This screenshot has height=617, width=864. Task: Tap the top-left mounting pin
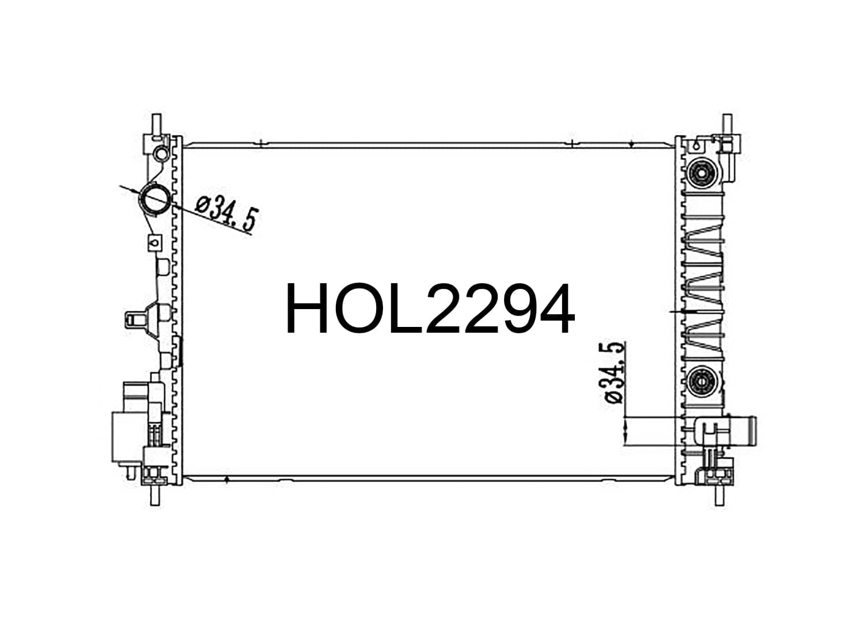pos(156,124)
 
